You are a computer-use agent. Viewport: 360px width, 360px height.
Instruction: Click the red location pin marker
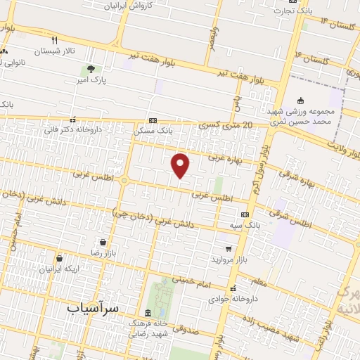181,165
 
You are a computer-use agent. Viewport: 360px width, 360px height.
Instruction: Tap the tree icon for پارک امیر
91,69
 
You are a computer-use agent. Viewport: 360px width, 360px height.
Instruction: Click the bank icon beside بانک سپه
245,214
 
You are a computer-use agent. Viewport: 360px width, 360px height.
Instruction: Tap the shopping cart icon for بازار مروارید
228,248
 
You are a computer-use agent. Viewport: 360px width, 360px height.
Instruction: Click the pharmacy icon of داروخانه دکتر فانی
73,120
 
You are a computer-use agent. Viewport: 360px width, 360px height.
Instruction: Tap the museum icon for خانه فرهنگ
148,313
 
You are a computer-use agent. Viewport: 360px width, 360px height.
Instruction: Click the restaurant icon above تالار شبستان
55,40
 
